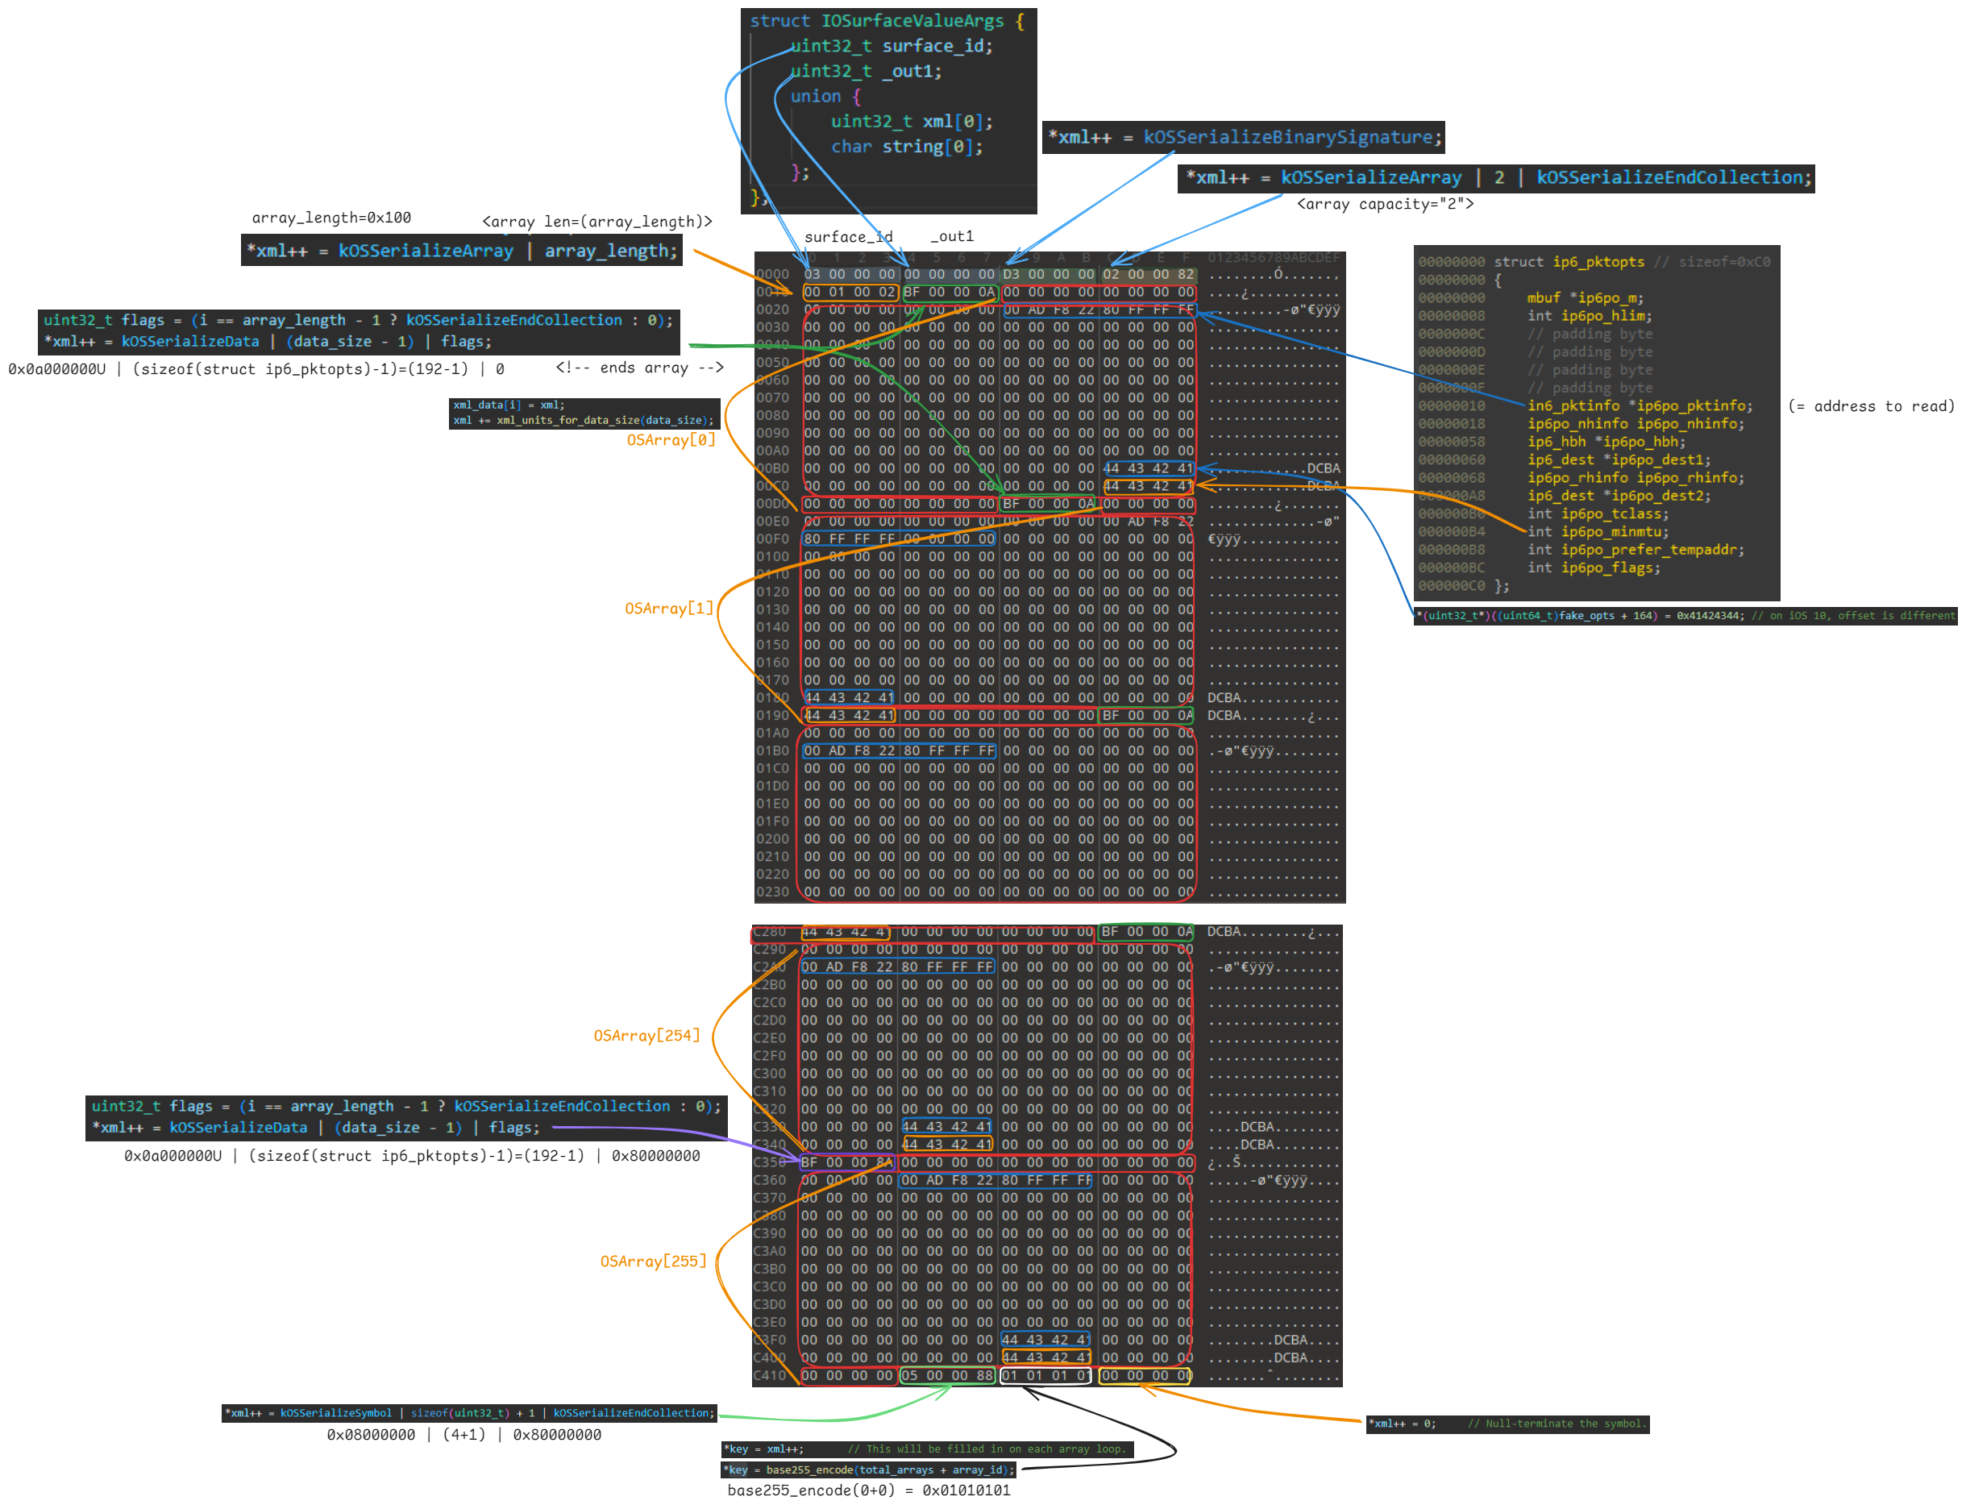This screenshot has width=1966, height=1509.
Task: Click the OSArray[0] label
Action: pyautogui.click(x=671, y=440)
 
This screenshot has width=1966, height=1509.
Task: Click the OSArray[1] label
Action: pyautogui.click(x=669, y=609)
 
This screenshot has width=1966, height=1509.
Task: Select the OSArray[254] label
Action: pyautogui.click(x=646, y=1036)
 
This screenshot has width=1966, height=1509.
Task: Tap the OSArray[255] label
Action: pyautogui.click(x=653, y=1261)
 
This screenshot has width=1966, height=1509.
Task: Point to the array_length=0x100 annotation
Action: pyautogui.click(x=331, y=218)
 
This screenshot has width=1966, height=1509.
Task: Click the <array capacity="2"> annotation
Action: pyautogui.click(x=1384, y=204)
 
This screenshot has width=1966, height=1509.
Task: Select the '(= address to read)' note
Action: pyautogui.click(x=1870, y=406)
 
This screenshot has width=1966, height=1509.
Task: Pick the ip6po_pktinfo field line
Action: pyautogui.click(x=1639, y=406)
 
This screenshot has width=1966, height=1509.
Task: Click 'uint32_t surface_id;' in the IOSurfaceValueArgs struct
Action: pyautogui.click(x=891, y=46)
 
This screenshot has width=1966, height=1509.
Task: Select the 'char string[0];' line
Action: pyautogui.click(x=906, y=147)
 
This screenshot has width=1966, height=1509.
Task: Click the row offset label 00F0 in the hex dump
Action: pyautogui.click(x=772, y=539)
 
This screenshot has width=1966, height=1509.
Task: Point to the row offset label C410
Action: pyautogui.click(x=770, y=1375)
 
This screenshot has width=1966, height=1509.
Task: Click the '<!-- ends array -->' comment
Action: pyautogui.click(x=639, y=368)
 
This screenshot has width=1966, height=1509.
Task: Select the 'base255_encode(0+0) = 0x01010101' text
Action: pyautogui.click(x=868, y=1490)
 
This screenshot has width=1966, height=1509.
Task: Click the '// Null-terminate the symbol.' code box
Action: pyautogui.click(x=1507, y=1424)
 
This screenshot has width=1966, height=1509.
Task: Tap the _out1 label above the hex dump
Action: pyautogui.click(x=951, y=236)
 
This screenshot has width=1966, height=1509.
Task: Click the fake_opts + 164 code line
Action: pyautogui.click(x=1685, y=616)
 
